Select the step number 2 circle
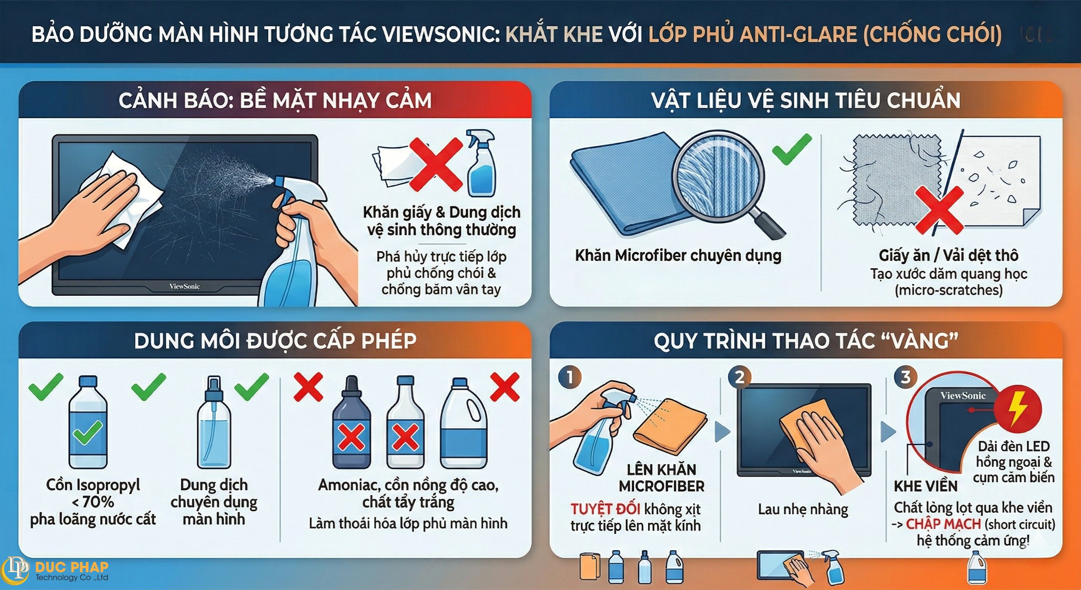pyautogui.click(x=739, y=377)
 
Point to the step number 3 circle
pyautogui.click(x=906, y=377)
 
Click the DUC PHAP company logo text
pyautogui.click(x=71, y=567)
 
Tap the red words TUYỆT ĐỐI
pyautogui.click(x=605, y=509)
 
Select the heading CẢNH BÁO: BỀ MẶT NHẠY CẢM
pyautogui.click(x=275, y=101)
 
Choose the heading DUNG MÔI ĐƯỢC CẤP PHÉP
pyautogui.click(x=275, y=341)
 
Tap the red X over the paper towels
pyautogui.click(x=435, y=164)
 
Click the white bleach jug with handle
pyautogui.click(x=464, y=424)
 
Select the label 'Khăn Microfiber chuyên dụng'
pyautogui.click(x=678, y=255)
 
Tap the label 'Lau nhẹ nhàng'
pyautogui.click(x=803, y=509)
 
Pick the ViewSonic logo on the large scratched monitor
pyautogui.click(x=184, y=287)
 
